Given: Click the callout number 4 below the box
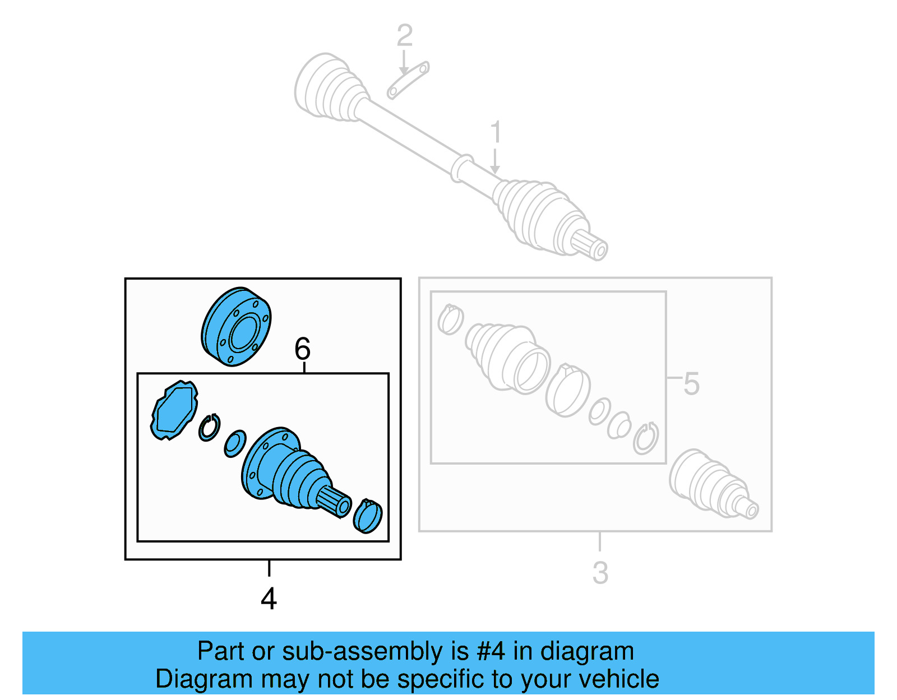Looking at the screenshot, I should pyautogui.click(x=269, y=599).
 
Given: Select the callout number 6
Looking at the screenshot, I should pyautogui.click(x=302, y=349).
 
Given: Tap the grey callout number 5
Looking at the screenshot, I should pyautogui.click(x=691, y=384).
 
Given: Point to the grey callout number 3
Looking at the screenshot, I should pyautogui.click(x=600, y=573).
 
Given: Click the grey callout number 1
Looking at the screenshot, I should pyautogui.click(x=495, y=132).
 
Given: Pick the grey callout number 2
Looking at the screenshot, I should pyautogui.click(x=404, y=36).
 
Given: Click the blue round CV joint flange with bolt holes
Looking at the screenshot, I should pyautogui.click(x=236, y=327).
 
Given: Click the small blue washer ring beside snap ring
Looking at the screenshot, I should pyautogui.click(x=235, y=443).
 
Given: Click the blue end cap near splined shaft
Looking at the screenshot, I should pyautogui.click(x=368, y=516).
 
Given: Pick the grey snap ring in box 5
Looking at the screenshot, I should pyautogui.click(x=646, y=438).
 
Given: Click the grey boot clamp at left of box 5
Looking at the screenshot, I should pyautogui.click(x=450, y=319).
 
